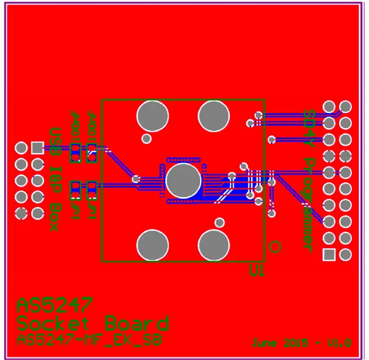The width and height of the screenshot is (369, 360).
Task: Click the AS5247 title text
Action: tap(54, 306)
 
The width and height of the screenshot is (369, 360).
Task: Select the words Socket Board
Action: tap(93, 324)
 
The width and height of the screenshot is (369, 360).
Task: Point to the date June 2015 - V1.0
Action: tap(302, 343)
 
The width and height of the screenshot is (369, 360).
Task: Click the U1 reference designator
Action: tap(257, 272)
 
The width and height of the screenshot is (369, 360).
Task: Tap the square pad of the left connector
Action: tap(37, 148)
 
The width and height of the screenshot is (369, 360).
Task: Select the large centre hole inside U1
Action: tap(184, 181)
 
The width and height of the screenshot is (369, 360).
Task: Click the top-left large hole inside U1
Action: tap(153, 116)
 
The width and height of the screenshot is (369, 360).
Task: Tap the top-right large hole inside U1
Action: tap(214, 116)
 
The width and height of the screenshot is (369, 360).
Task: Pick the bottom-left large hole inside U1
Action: tap(153, 245)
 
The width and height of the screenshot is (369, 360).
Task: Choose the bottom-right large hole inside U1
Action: tap(214, 245)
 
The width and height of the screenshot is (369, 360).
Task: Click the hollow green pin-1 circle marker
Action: tap(275, 246)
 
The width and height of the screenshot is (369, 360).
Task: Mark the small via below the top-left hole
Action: tap(146, 138)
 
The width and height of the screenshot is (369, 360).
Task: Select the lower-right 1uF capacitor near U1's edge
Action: tap(91, 190)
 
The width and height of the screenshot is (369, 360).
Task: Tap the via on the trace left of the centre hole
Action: tap(136, 179)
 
